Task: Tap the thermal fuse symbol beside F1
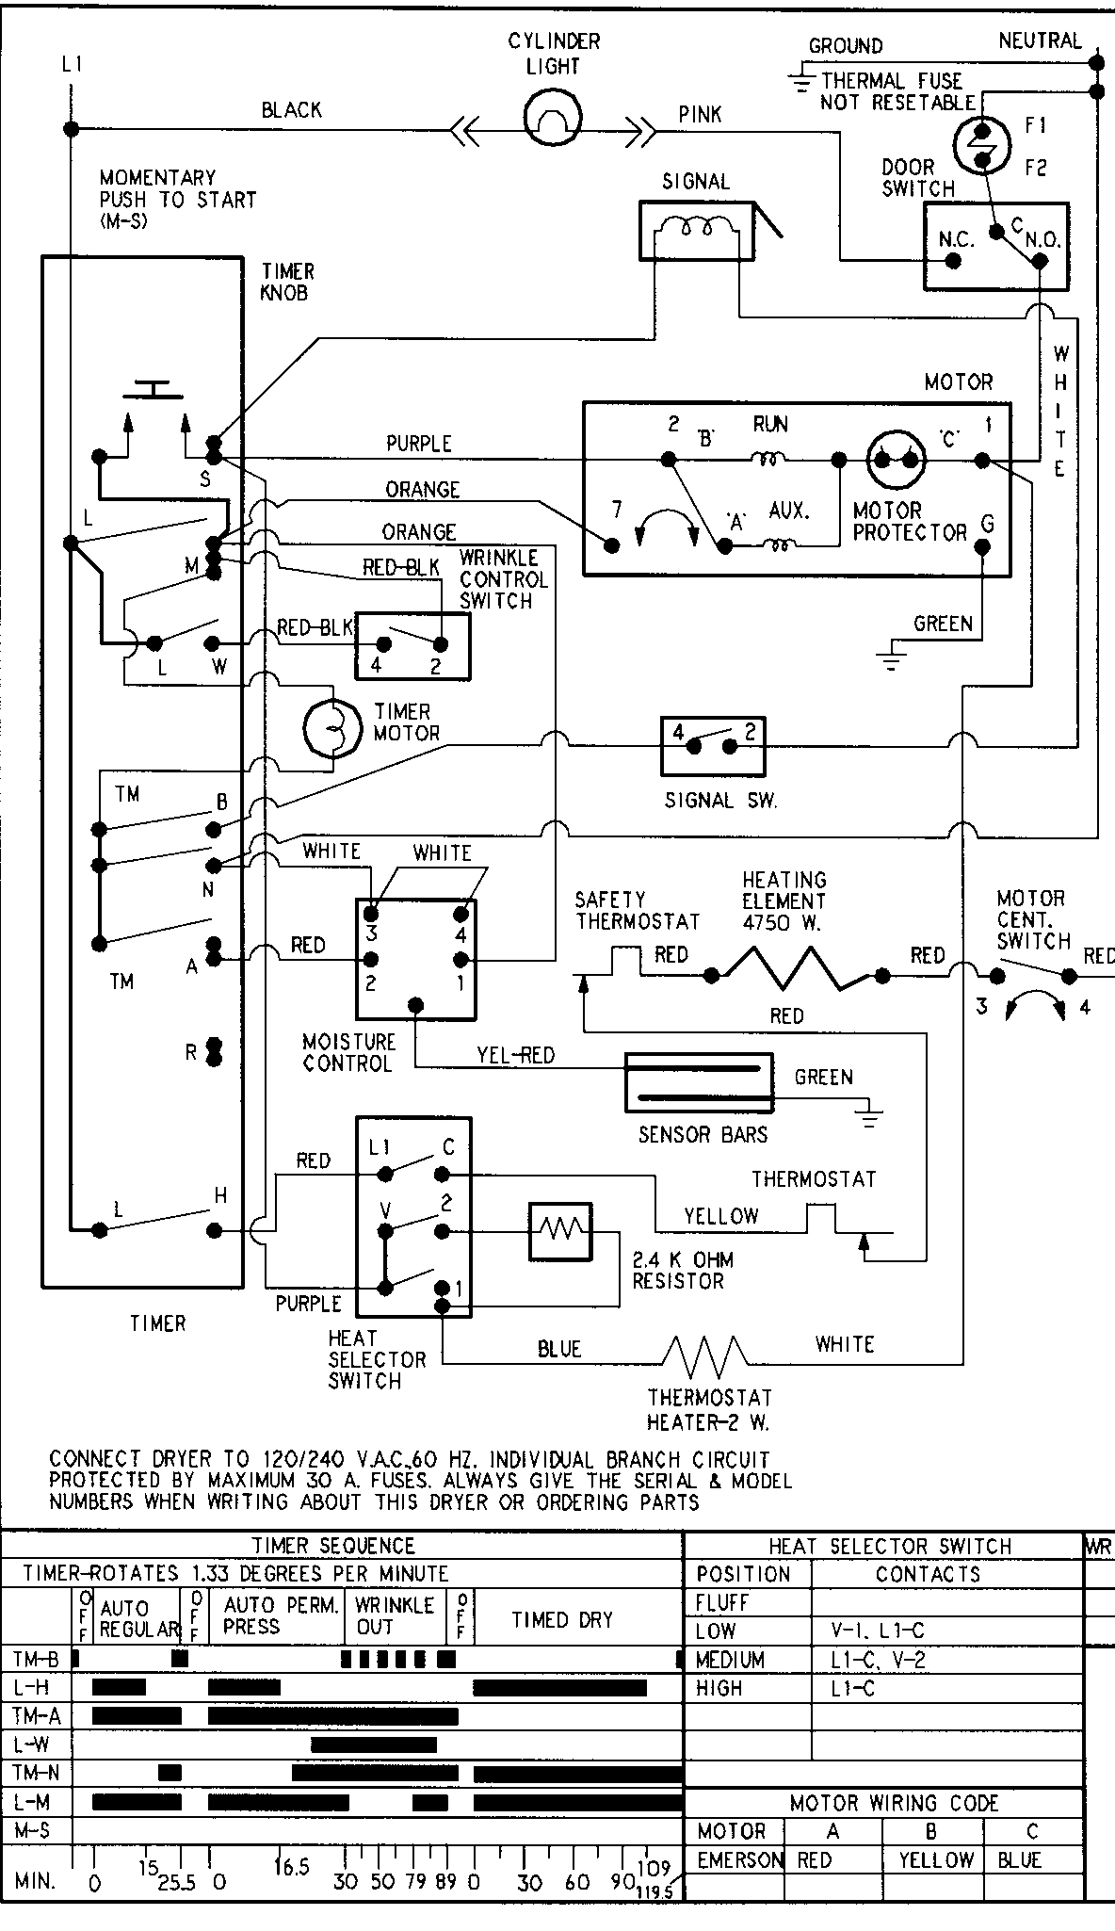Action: tap(981, 144)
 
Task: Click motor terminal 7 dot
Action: tap(613, 544)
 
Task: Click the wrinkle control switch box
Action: tap(412, 645)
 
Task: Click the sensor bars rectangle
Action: tap(699, 1082)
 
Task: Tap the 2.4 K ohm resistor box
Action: tap(560, 1230)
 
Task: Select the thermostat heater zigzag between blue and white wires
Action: tap(705, 1357)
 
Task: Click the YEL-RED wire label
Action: tap(515, 1056)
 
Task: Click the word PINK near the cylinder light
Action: tap(700, 114)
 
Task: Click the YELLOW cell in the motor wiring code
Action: tap(933, 1859)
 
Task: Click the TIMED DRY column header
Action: tap(562, 1619)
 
